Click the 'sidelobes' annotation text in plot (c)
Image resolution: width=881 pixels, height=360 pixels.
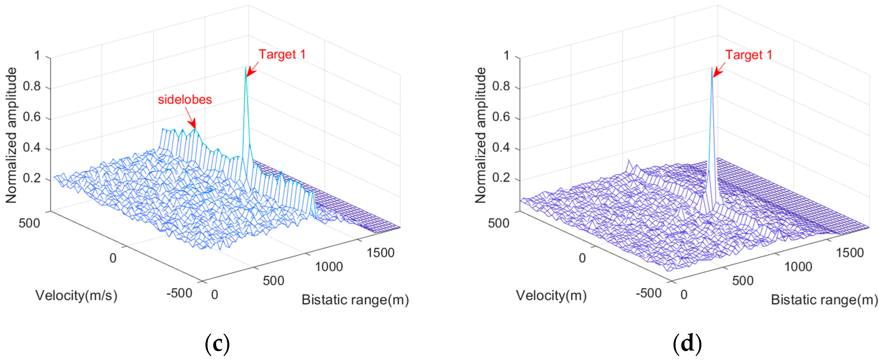[x=185, y=100]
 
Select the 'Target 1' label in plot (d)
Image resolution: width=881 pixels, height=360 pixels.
[x=749, y=55]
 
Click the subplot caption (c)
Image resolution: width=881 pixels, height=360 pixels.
[x=217, y=343]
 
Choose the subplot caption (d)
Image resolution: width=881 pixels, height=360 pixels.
[x=687, y=343]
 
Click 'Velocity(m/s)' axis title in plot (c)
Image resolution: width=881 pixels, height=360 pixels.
[x=76, y=295]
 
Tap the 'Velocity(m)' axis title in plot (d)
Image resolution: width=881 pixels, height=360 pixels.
[x=551, y=295]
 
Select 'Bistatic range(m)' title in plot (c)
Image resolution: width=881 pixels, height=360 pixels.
[x=355, y=300]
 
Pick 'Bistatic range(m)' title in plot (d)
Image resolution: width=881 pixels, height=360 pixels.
[x=824, y=300]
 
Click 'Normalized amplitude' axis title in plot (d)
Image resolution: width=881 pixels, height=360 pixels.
[x=480, y=135]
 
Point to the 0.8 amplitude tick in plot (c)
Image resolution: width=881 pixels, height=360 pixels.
[x=32, y=86]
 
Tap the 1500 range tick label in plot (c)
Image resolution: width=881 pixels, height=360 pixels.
[x=380, y=253]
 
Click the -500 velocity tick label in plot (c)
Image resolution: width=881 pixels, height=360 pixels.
[x=179, y=293]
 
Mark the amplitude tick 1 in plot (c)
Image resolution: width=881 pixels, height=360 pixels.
[x=37, y=55]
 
